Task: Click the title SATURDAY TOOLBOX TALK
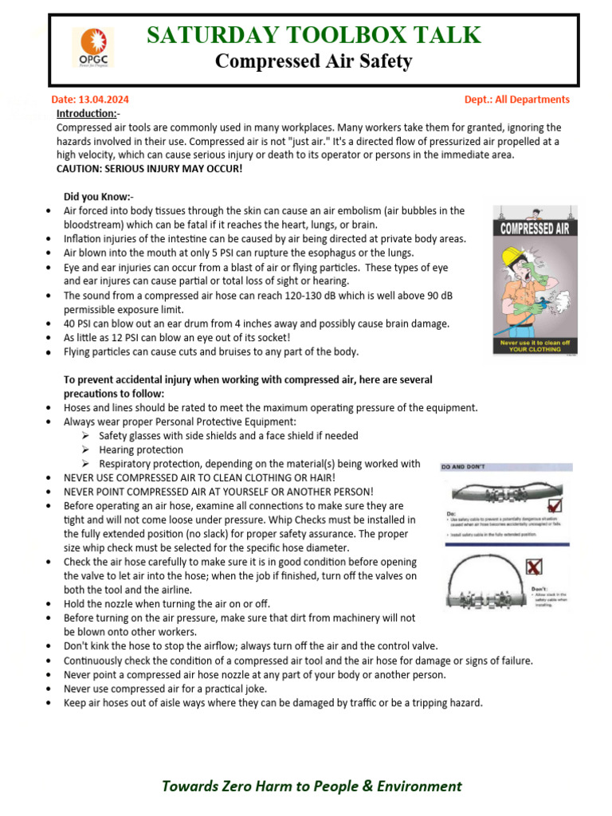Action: (x=314, y=35)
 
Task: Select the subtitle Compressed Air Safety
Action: (x=314, y=61)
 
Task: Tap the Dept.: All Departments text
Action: (x=516, y=100)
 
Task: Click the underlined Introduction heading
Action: (x=88, y=114)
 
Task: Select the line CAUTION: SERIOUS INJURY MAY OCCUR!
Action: (x=149, y=169)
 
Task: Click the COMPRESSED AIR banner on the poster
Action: (x=534, y=229)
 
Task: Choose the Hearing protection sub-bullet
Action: (x=141, y=450)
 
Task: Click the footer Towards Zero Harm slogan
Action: (x=312, y=786)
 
